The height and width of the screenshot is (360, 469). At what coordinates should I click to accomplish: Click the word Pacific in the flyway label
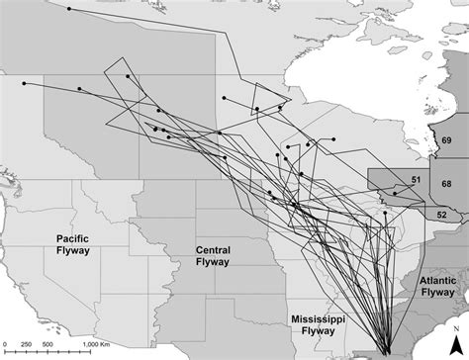(x=73, y=238)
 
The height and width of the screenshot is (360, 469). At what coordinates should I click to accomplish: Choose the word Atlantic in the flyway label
(x=434, y=280)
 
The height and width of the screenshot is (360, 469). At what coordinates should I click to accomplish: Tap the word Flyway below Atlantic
(x=434, y=293)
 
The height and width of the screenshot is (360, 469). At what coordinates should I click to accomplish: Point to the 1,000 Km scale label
(x=101, y=342)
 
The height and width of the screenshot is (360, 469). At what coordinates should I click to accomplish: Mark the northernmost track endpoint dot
(x=69, y=8)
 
